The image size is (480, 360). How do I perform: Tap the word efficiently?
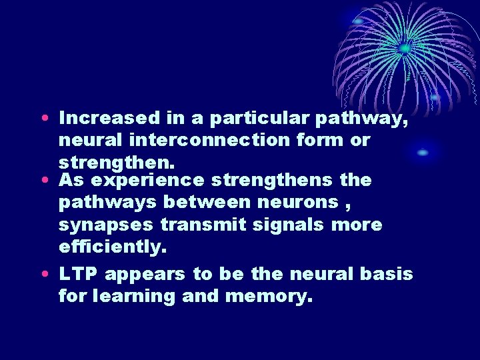[112, 247]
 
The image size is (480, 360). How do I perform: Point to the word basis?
[389, 274]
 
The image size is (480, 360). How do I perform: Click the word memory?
[268, 296]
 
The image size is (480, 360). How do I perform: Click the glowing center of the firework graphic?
[403, 48]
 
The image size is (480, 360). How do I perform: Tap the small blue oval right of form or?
[423, 153]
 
